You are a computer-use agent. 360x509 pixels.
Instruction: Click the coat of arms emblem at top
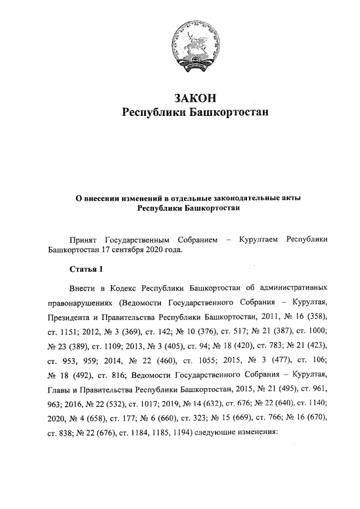pos(195,50)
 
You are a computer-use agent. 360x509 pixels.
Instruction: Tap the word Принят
pos(83,240)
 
